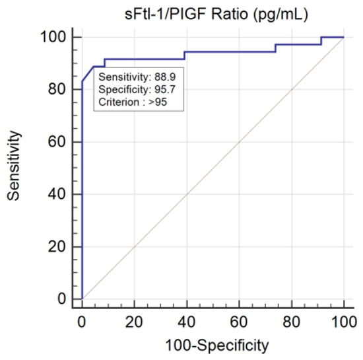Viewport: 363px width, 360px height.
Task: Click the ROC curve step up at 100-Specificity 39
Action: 184,55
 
